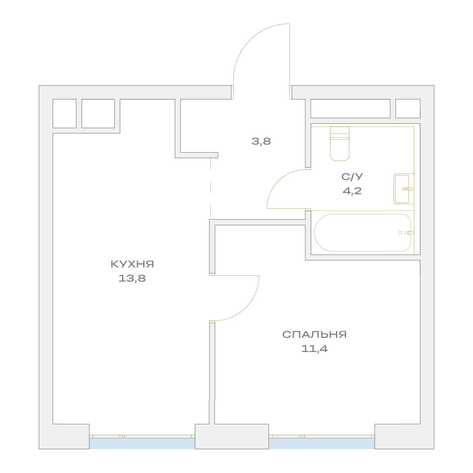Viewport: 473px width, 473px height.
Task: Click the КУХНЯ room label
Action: point(132,264)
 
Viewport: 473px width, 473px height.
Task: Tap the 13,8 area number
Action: point(132,278)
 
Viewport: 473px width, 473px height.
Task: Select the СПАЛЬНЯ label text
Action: point(314,335)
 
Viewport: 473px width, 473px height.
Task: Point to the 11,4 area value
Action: point(314,349)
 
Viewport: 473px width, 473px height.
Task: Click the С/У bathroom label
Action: point(352,177)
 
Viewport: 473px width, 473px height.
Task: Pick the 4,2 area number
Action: point(352,191)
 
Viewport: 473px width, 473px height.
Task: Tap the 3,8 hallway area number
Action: point(261,141)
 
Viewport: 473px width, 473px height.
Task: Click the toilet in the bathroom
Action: point(340,144)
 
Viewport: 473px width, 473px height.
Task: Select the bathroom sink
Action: point(404,189)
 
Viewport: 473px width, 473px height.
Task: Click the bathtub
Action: point(362,232)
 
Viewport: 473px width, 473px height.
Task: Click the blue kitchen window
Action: point(142,443)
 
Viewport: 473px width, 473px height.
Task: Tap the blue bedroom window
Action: point(322,443)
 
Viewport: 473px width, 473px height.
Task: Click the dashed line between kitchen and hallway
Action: point(211,188)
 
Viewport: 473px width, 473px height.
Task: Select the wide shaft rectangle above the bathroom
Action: point(350,109)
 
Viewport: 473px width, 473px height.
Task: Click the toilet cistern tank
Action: point(340,132)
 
